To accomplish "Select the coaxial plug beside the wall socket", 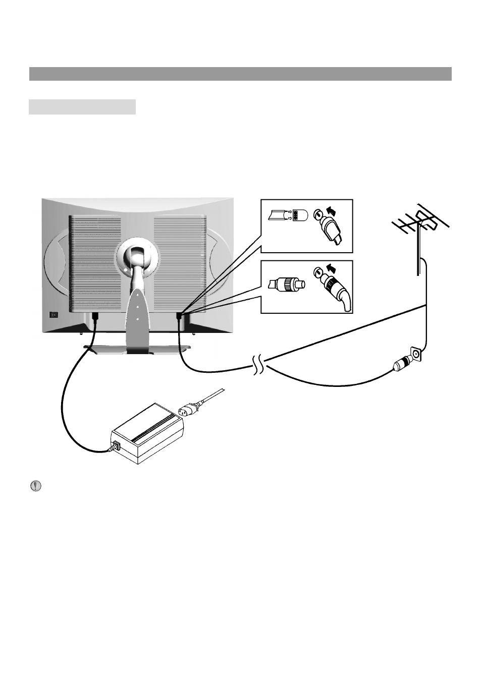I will (x=401, y=364).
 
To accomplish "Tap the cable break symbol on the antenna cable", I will (x=258, y=366).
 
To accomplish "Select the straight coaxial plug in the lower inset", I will (x=286, y=286).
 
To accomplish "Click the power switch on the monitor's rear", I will (x=53, y=315).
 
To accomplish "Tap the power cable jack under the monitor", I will (x=94, y=316).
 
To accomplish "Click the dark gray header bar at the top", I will (x=240, y=74).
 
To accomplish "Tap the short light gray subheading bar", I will (x=82, y=107).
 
